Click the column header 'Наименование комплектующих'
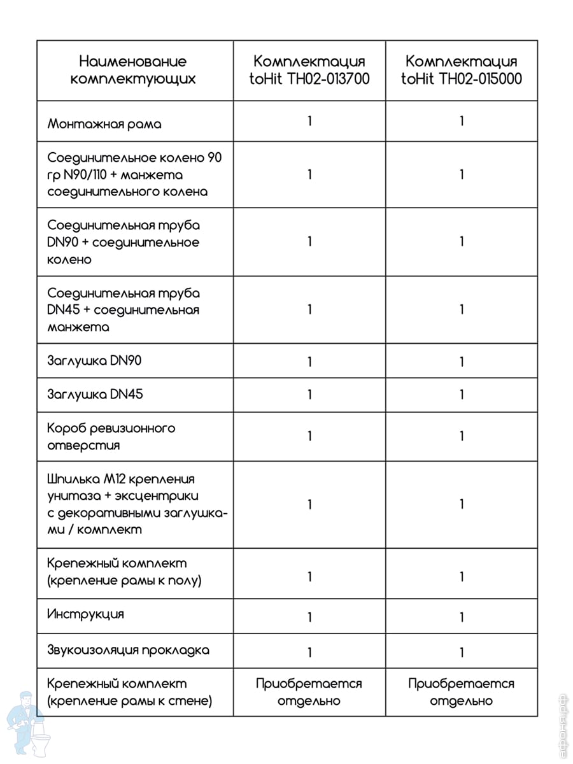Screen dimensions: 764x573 pos(133,71)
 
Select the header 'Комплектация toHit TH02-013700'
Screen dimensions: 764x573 pos(309,71)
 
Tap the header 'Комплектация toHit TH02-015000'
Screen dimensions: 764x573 pos(462,71)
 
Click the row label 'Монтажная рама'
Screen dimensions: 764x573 pos(104,124)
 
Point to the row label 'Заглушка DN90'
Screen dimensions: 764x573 pos(95,361)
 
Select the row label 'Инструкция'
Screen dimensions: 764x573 pos(86,614)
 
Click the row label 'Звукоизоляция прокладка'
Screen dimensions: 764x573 pos(129,650)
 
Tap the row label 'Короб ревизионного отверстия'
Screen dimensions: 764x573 pos(111,436)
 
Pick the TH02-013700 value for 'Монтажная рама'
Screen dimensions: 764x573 pos(309,121)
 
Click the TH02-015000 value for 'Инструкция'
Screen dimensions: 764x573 pos(462,617)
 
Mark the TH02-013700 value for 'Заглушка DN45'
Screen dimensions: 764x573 pos(309,395)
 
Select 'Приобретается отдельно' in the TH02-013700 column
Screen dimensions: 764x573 pos(309,692)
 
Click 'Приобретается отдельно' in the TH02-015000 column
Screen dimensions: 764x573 pos(462,692)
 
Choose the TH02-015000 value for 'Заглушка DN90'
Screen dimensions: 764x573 pos(462,362)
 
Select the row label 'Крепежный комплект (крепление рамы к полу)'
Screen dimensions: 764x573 pos(125,572)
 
